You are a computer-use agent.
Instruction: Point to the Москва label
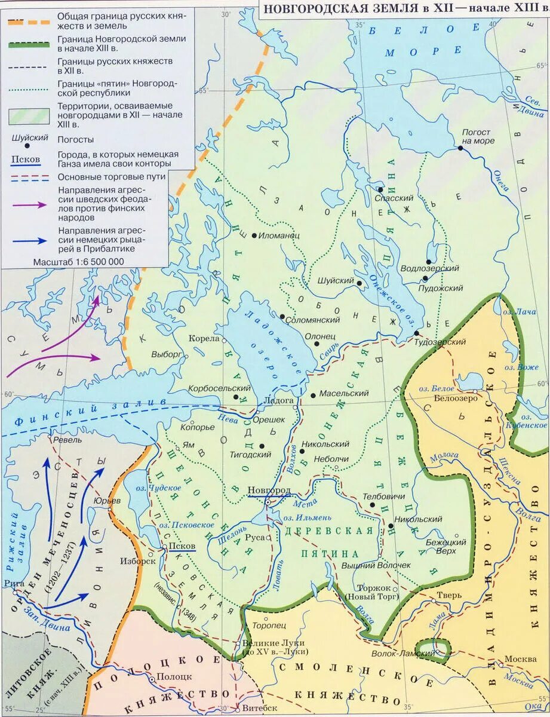pos(517,659)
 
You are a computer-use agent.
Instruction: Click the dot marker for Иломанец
pos(254,235)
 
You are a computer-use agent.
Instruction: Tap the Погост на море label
pos(475,136)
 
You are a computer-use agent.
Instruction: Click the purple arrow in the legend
pos(28,204)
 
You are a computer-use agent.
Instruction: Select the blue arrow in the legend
pos(28,240)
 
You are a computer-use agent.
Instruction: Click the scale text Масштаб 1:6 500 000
pos(79,262)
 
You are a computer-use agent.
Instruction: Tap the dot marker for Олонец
pos(317,345)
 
